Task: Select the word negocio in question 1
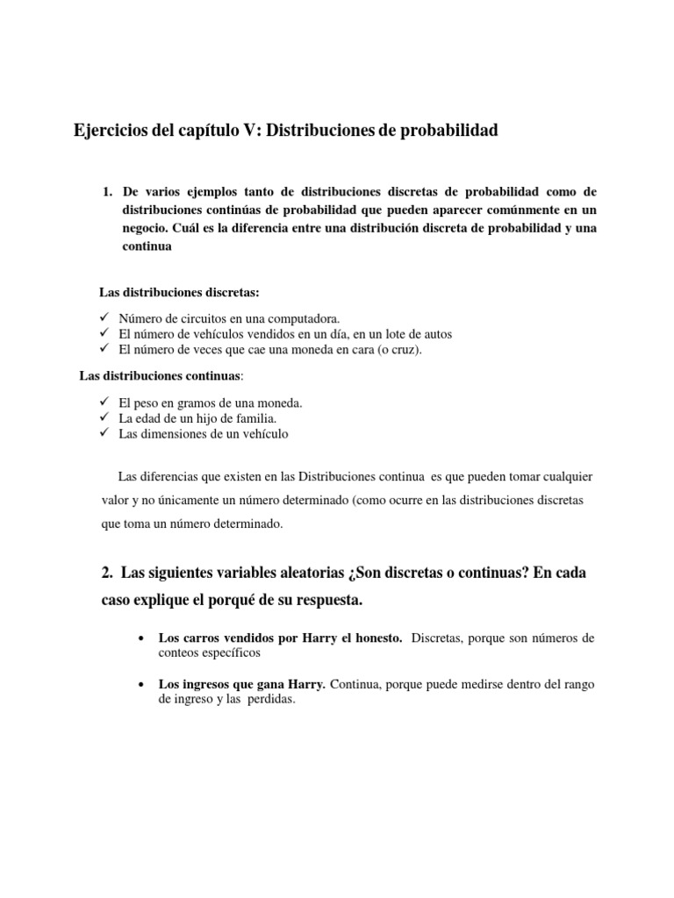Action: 147,228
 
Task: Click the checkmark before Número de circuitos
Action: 104,317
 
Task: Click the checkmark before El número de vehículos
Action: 104,333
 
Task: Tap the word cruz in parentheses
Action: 403,350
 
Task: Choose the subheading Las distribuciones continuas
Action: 159,376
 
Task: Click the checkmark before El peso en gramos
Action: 104,402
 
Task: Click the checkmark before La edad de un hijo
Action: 104,417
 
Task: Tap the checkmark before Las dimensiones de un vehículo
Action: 104,433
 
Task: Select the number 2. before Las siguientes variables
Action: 107,573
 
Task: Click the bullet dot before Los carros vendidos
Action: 141,638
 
